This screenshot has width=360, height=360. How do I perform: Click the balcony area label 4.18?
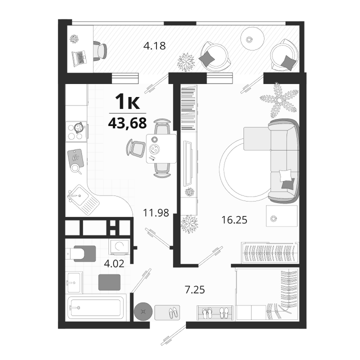[x=154, y=45]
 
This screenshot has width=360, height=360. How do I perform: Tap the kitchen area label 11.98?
[x=156, y=213]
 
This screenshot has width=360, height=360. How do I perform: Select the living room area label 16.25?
[x=234, y=220]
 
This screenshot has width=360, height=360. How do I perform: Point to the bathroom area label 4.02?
[x=114, y=263]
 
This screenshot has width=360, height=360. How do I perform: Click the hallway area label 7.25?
[x=194, y=289]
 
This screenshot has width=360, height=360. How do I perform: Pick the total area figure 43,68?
[x=127, y=123]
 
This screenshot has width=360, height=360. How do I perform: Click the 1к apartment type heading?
[x=127, y=101]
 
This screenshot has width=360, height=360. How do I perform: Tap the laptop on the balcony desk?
[x=79, y=58]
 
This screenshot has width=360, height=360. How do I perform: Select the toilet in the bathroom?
[x=81, y=253]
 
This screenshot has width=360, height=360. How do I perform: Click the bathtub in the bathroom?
[x=95, y=307]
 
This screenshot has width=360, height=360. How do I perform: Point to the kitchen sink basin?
[x=79, y=196]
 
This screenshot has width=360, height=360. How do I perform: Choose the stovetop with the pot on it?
[x=76, y=131]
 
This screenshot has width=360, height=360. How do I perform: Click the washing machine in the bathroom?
[x=119, y=247]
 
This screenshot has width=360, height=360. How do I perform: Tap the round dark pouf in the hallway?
[x=143, y=311]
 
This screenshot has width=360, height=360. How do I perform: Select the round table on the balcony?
[x=252, y=39]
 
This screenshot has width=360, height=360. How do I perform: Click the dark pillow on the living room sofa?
[x=288, y=183]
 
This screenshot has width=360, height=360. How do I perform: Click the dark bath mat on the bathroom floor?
[x=109, y=282]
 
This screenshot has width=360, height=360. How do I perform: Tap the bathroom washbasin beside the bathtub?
[x=74, y=282]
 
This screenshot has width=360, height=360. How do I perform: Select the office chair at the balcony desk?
[x=100, y=50]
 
